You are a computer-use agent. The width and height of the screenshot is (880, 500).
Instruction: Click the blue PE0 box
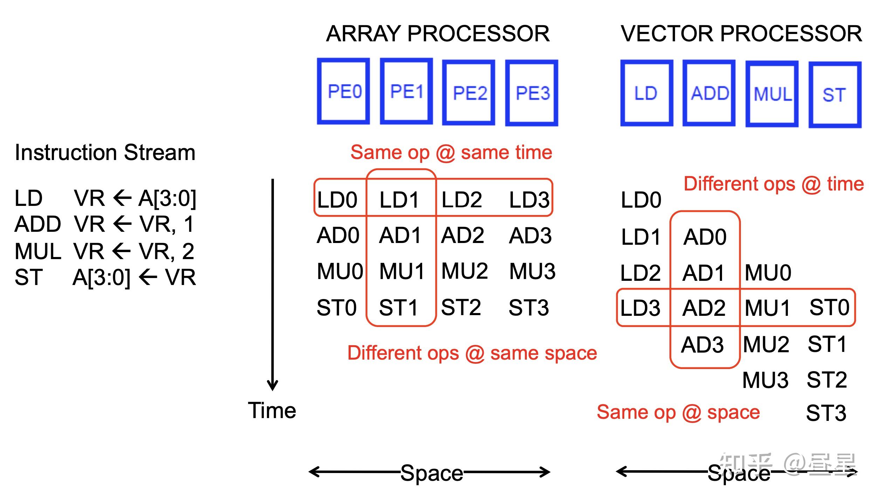[343, 91]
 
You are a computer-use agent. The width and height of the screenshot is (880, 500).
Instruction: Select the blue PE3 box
[531, 93]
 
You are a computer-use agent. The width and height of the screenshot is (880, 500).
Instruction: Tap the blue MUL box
[772, 94]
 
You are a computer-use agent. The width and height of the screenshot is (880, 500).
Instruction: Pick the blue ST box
[834, 95]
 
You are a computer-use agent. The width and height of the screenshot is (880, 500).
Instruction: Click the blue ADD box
[709, 93]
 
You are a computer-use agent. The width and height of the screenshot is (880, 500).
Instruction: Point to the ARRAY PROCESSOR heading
[438, 34]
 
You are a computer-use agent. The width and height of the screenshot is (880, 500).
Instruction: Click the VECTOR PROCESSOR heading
[741, 34]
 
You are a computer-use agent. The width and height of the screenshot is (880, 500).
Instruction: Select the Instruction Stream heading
[105, 153]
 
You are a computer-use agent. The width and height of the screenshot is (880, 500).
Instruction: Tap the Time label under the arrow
[272, 410]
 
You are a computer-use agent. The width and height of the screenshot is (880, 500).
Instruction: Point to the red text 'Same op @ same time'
[451, 153]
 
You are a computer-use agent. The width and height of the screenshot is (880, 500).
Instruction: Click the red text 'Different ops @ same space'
[472, 353]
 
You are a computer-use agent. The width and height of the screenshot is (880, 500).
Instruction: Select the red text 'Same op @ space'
[678, 412]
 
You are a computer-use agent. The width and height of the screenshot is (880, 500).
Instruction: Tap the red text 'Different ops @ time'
[774, 184]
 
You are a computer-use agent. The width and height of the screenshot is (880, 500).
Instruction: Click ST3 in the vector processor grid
[826, 413]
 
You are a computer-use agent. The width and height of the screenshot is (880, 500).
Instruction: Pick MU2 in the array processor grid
[465, 271]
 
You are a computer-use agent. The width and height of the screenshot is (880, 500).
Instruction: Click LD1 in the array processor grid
[399, 200]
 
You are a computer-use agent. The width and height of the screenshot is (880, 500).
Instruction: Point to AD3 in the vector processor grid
[702, 345]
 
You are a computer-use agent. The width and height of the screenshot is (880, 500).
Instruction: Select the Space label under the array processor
[432, 473]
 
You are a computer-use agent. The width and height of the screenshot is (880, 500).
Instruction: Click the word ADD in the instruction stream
[38, 224]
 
